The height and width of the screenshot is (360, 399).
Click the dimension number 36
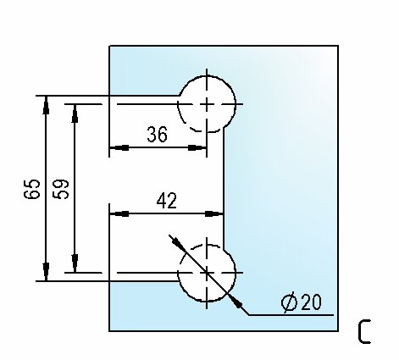coord(158,134)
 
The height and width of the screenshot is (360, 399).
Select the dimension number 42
coord(167,201)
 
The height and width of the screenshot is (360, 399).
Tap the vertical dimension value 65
coord(32,189)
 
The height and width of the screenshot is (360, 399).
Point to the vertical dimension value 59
coord(61,189)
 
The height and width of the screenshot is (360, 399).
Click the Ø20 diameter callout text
coord(302,302)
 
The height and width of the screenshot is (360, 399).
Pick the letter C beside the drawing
coord(364,331)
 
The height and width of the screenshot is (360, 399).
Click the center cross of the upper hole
coord(207,104)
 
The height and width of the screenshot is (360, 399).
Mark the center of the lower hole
coord(207,273)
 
